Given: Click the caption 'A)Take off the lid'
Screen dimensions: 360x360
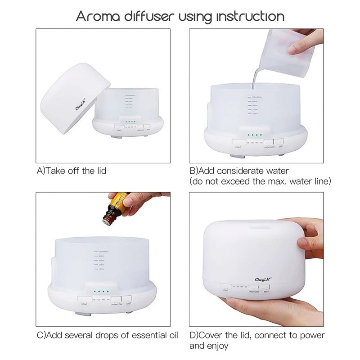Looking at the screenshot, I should tap(72, 171).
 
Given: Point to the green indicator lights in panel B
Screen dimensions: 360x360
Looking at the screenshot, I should tap(256, 135).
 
